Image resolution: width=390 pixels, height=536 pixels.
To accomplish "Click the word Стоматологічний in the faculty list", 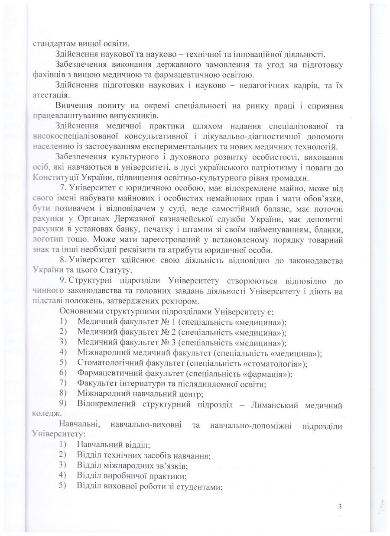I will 105,363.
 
